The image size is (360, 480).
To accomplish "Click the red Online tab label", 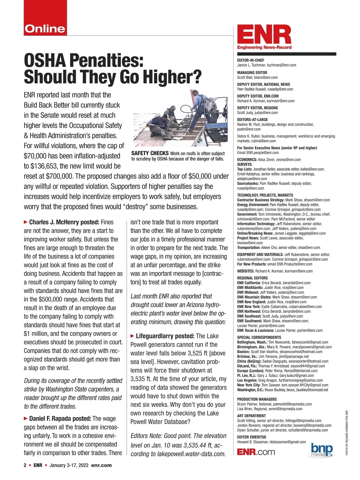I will click(45, 29).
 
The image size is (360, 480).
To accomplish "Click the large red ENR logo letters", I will click(264, 35).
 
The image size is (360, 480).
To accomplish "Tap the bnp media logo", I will click(322, 450).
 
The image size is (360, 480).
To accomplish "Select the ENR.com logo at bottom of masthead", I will click(256, 452).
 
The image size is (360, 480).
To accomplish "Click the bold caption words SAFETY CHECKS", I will click(150, 153).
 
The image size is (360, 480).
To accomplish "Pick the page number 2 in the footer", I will click(25, 465).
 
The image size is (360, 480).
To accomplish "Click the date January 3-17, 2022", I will click(69, 465).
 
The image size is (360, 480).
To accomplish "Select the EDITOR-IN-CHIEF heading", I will click(250, 60).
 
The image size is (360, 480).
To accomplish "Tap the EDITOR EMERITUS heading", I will click(251, 437).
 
